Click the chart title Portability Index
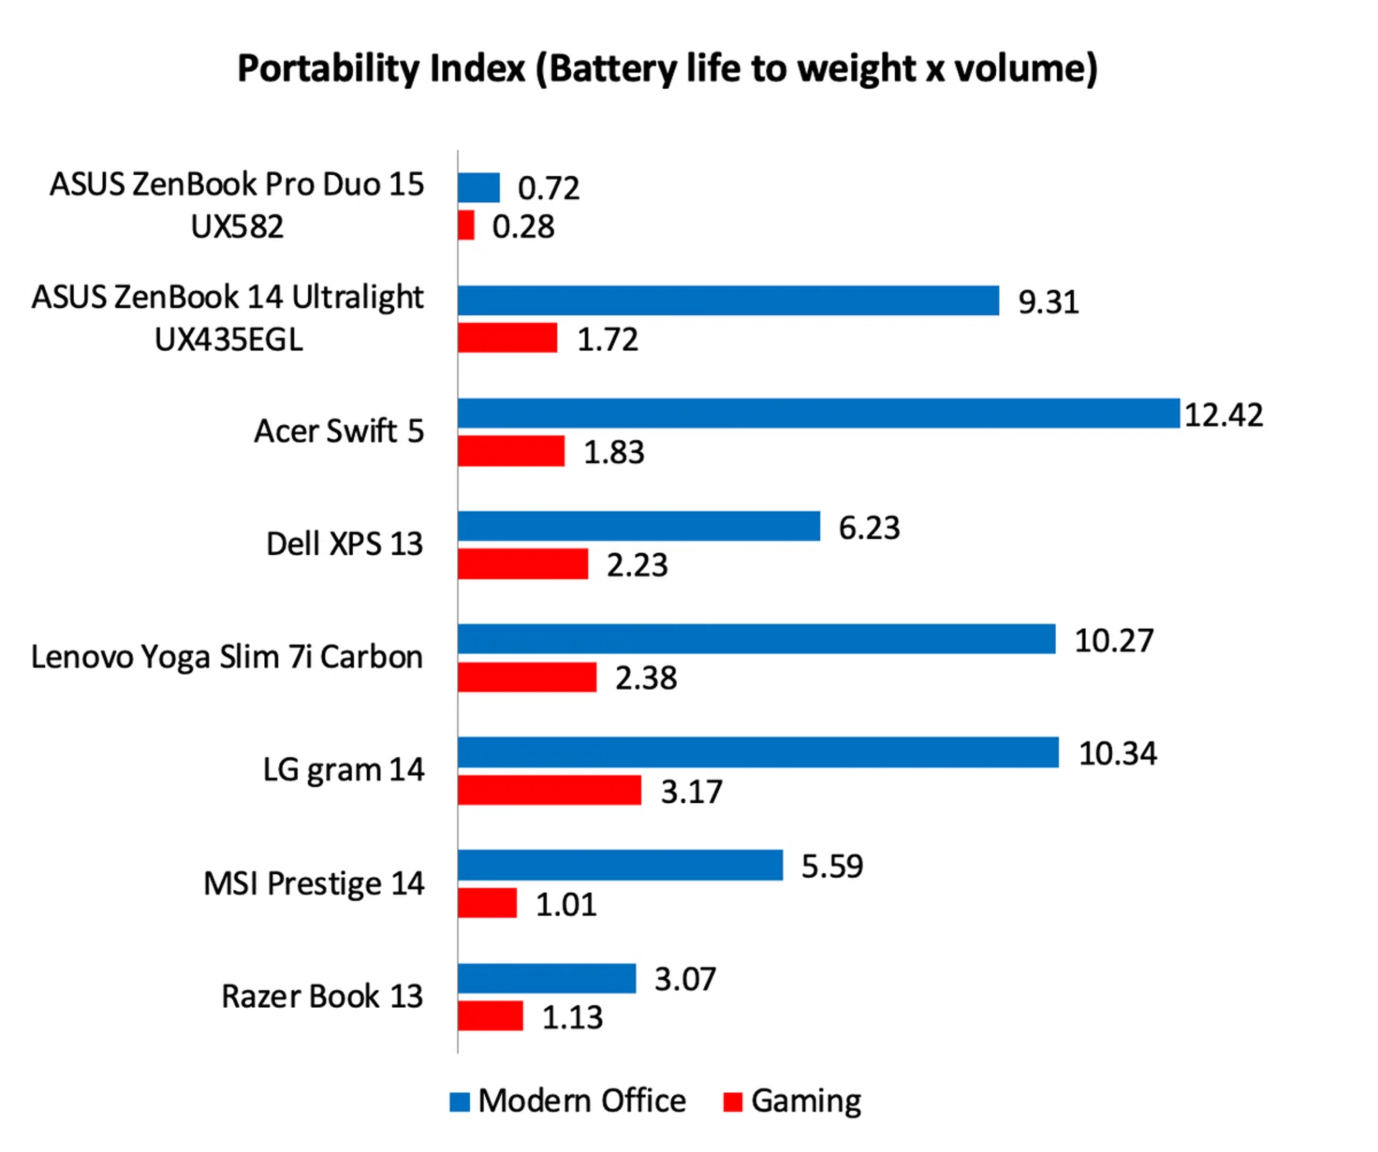coord(667,69)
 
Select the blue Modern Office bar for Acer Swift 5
coord(818,413)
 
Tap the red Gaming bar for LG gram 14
coord(549,790)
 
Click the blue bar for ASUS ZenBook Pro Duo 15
coord(479,188)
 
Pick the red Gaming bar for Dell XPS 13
coord(522,564)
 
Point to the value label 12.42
coord(1223,415)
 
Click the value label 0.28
coord(523,227)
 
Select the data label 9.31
coord(1048,302)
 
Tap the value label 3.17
coord(691,792)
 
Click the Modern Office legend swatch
coord(459,1102)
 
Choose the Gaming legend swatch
coord(733,1102)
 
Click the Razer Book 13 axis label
coord(322,996)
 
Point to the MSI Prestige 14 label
coord(314,884)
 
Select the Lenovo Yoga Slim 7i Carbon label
coord(227,657)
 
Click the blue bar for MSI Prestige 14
coord(620,865)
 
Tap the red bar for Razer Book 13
coord(490,1016)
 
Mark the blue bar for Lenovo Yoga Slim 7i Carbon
coord(756,639)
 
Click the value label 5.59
coord(832,866)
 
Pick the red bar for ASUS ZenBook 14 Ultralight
coord(507,338)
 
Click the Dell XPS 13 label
coord(344,544)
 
